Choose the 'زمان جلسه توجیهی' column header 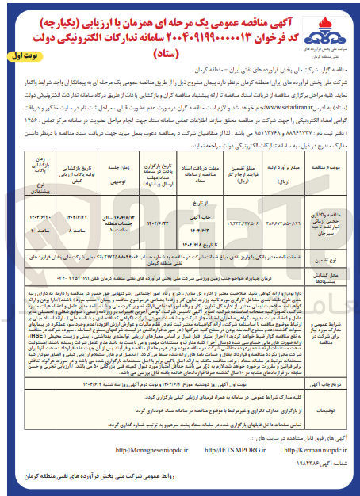111,147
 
